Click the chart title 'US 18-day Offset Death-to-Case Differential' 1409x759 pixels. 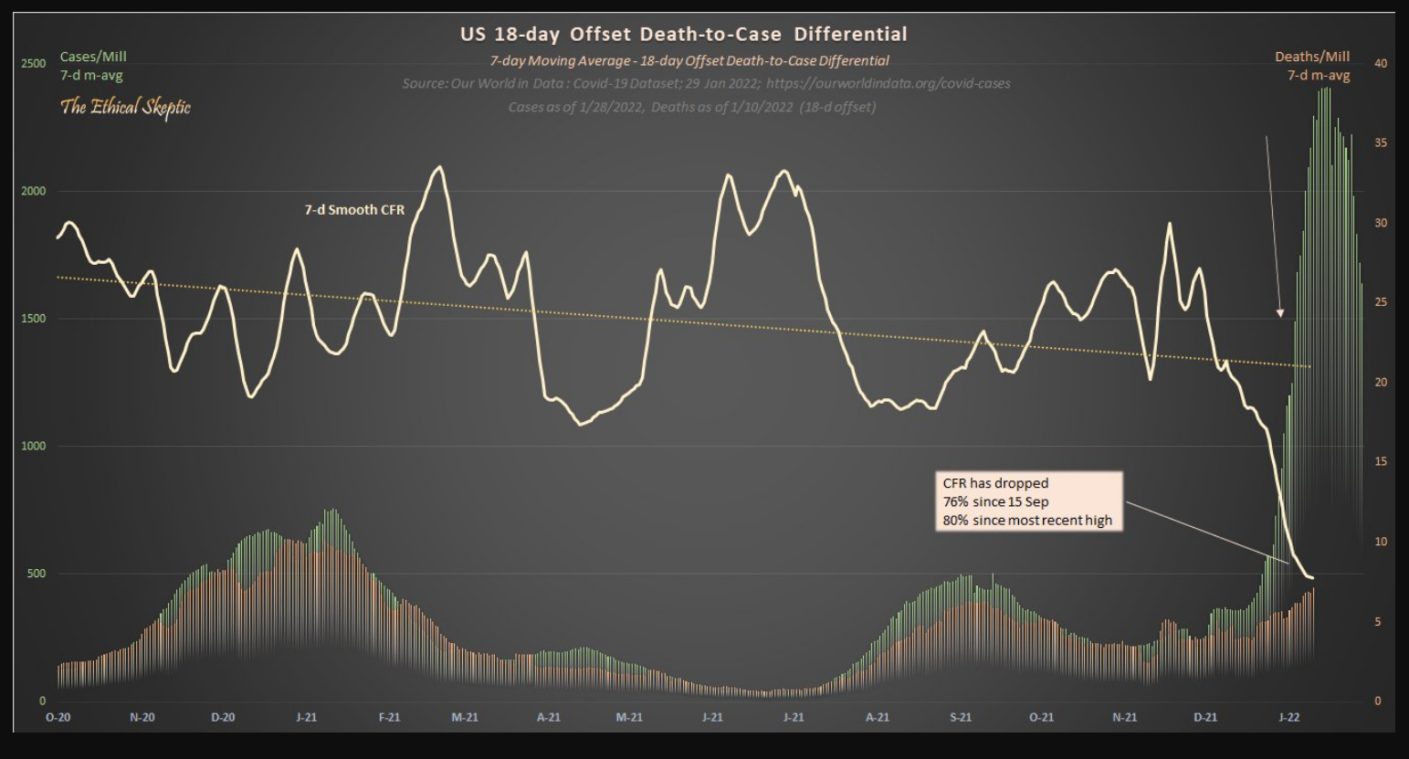click(x=683, y=35)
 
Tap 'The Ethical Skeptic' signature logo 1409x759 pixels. click(x=125, y=107)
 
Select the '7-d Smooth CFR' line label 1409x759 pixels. click(x=354, y=209)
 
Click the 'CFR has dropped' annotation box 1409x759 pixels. click(x=1027, y=501)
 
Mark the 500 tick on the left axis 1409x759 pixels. click(x=36, y=574)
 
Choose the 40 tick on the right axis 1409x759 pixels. click(x=1380, y=63)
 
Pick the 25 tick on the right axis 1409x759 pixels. click(x=1380, y=302)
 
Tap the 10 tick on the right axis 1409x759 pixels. click(x=1380, y=542)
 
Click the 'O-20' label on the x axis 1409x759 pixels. click(x=58, y=717)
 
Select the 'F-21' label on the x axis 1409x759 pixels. click(x=389, y=717)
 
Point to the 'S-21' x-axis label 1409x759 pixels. click(x=960, y=717)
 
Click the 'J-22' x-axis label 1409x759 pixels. click(x=1288, y=717)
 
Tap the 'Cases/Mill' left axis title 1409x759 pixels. click(x=93, y=57)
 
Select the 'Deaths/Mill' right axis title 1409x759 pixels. click(x=1312, y=57)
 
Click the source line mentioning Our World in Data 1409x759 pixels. click(x=706, y=83)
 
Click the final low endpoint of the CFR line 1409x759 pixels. click(x=1312, y=578)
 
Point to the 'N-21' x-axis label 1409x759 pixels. click(x=1124, y=717)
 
